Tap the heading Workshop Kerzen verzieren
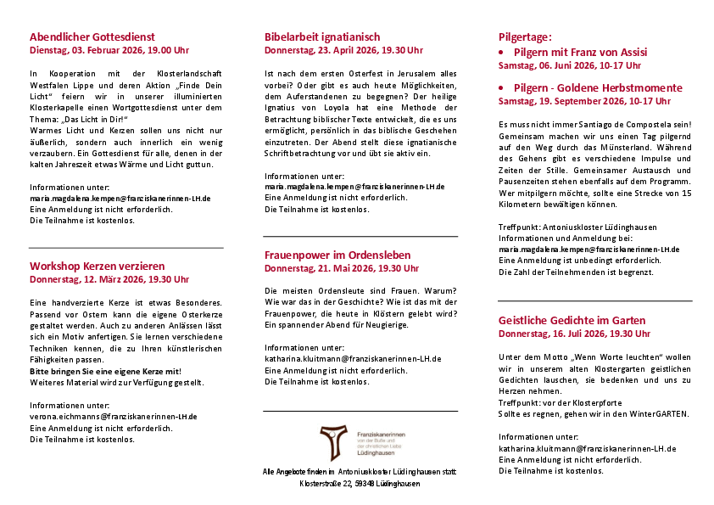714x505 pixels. (x=98, y=266)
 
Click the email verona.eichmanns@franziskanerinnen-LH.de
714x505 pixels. (x=114, y=417)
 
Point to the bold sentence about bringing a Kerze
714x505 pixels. (x=105, y=371)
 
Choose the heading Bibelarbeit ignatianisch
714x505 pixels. (x=322, y=37)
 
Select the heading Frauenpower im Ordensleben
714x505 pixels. (x=337, y=255)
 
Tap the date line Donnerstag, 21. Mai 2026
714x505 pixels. (x=342, y=268)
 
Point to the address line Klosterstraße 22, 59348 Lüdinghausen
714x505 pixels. (x=360, y=484)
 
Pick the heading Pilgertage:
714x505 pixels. (x=525, y=37)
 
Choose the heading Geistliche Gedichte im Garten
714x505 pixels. (x=572, y=320)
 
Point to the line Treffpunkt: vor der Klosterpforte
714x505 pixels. (x=553, y=403)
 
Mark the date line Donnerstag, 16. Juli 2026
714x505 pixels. (x=575, y=334)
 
